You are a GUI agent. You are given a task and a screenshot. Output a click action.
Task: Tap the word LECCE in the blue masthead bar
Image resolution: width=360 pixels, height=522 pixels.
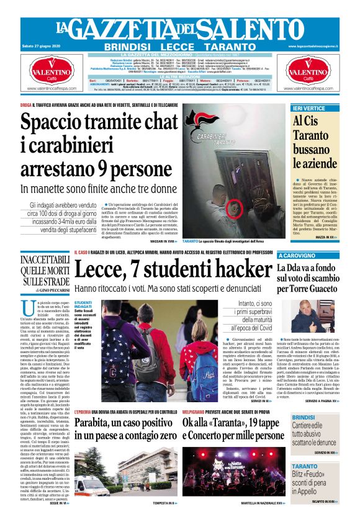click(179, 47)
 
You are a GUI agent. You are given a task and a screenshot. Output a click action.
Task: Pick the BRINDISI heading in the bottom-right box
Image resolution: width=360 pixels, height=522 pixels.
click(305, 417)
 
